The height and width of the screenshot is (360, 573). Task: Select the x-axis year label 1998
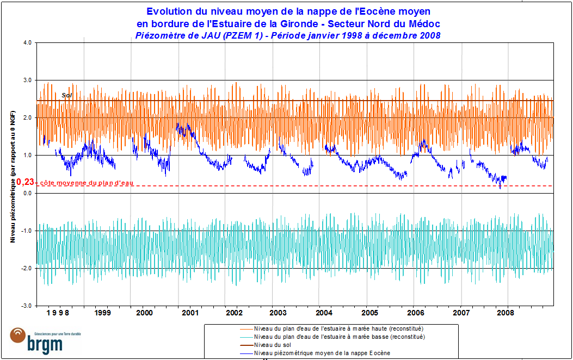[x=57, y=313]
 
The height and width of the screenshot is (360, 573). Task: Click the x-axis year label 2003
[x=278, y=313]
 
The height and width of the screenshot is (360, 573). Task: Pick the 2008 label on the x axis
[x=507, y=313]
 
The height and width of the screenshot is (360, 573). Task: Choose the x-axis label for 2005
[x=369, y=313]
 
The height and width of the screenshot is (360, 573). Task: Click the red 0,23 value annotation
[x=25, y=183]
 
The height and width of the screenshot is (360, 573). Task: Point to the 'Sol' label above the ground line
[x=67, y=95]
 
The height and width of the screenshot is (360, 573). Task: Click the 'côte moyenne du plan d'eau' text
[x=87, y=183]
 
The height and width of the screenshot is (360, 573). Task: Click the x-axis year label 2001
[x=190, y=313]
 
